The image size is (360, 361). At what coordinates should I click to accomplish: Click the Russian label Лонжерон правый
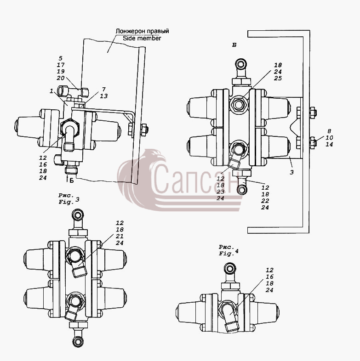[x=142, y=31]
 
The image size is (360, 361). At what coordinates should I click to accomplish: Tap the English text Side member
[x=142, y=38]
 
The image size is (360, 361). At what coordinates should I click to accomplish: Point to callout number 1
[x=51, y=91]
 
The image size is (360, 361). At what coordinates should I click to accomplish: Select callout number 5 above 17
[x=61, y=58]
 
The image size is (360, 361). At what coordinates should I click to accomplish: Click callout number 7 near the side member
[x=104, y=89]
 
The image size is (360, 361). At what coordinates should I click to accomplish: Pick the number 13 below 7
[x=104, y=96]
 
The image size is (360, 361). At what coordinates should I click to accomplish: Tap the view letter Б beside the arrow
[x=72, y=180]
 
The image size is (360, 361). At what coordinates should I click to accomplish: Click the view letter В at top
[x=234, y=45]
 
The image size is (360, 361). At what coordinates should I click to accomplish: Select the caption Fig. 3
[x=69, y=199]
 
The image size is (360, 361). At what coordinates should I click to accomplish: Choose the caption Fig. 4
[x=229, y=250]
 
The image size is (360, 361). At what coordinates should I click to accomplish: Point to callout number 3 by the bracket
[x=292, y=172]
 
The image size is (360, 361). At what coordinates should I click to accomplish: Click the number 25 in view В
[x=278, y=78]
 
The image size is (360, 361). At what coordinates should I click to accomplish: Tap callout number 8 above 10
[x=329, y=131]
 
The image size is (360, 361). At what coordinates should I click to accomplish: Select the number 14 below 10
[x=329, y=144]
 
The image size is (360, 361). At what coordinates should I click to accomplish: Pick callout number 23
[x=221, y=192]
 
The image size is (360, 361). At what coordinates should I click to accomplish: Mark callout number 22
[x=265, y=201]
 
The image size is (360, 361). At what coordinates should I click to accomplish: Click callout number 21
[x=120, y=236]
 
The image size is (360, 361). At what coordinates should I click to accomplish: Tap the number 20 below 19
[x=61, y=78]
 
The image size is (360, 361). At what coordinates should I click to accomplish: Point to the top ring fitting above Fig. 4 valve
[x=230, y=268]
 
